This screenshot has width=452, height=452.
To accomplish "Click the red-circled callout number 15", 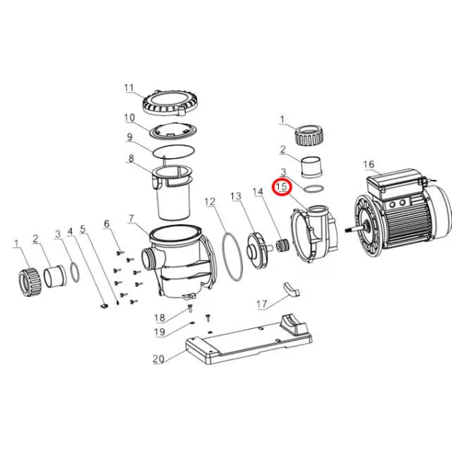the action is [283, 187].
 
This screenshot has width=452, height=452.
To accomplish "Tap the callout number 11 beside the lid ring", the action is [129, 88].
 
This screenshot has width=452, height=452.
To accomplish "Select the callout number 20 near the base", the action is [158, 359].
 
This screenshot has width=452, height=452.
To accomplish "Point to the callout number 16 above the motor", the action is [369, 165].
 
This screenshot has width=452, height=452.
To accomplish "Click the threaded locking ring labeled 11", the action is [170, 104].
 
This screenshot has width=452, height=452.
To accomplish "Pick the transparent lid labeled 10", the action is [173, 132].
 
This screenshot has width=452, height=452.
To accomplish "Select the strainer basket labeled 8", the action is [172, 193].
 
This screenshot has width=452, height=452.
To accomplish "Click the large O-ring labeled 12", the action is [232, 257].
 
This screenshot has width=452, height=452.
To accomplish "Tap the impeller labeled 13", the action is [258, 250].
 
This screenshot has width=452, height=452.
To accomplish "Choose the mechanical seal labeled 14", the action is [282, 246].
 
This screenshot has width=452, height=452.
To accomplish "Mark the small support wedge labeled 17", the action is [292, 289].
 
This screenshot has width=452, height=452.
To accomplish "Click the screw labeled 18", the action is [190, 308].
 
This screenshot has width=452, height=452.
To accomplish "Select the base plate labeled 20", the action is [248, 340].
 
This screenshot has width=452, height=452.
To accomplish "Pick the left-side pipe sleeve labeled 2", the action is [55, 276].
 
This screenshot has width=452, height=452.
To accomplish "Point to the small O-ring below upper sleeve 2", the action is [313, 189].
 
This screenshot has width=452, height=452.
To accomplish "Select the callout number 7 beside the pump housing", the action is [131, 219].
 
